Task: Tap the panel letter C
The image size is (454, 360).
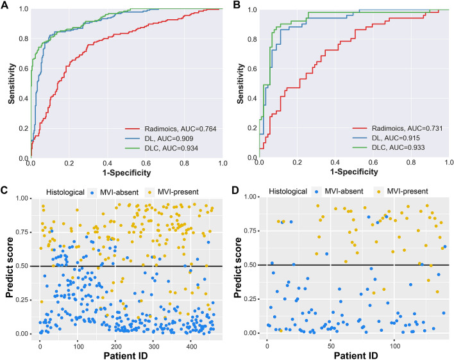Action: [x=6, y=190]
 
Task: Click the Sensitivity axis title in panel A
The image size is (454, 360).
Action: [x=7, y=83]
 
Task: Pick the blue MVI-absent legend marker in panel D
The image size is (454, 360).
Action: [x=326, y=190]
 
